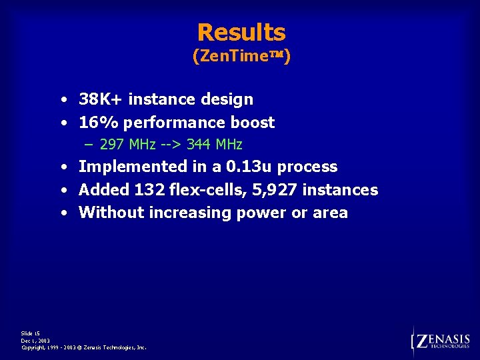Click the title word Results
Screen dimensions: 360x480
click(241, 32)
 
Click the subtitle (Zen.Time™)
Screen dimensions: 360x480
click(241, 57)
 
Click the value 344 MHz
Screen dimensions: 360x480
click(214, 144)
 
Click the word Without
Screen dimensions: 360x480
click(110, 213)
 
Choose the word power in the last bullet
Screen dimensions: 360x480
click(263, 213)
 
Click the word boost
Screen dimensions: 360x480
click(253, 123)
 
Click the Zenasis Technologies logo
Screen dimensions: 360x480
click(442, 341)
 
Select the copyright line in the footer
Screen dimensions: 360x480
click(84, 347)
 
